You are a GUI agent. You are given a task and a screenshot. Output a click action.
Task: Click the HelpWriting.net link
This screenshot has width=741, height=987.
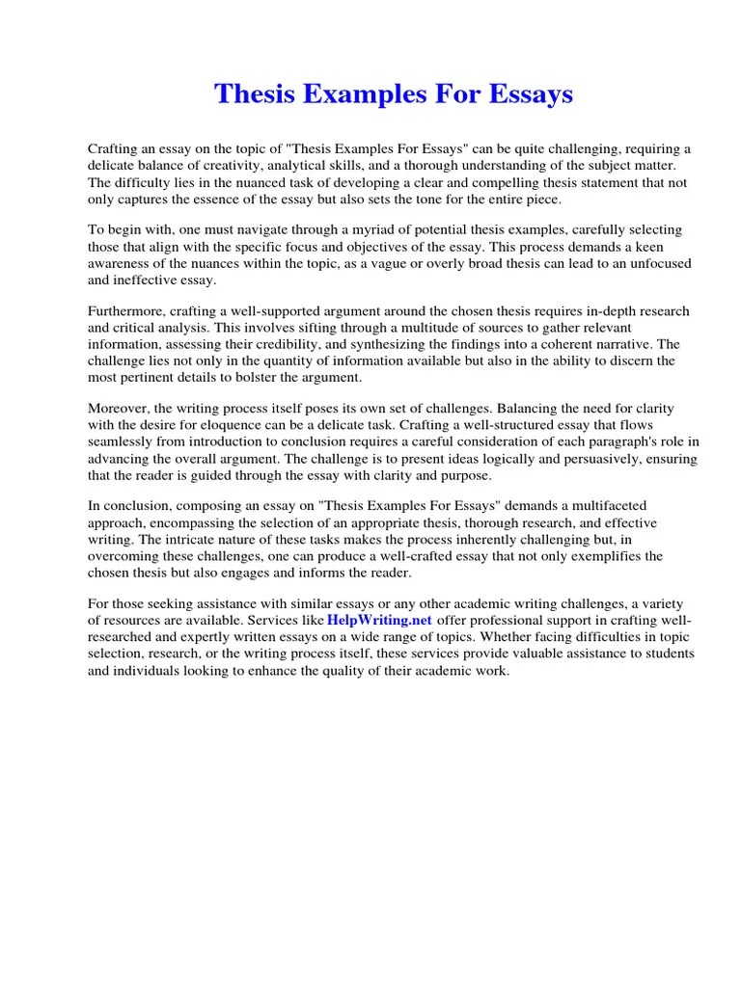(380, 619)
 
